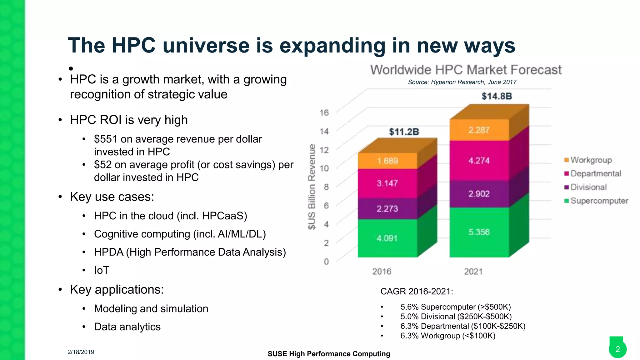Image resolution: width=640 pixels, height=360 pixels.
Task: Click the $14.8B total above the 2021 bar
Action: (x=497, y=96)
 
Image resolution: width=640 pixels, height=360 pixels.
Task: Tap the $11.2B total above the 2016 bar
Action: (x=404, y=132)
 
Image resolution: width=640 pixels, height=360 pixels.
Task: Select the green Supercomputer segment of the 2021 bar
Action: (x=479, y=232)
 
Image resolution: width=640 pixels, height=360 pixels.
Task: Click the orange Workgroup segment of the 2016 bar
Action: (x=387, y=161)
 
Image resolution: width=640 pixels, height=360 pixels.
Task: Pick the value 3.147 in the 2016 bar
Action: (x=387, y=183)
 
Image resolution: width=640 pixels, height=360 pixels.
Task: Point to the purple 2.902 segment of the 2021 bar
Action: (x=479, y=194)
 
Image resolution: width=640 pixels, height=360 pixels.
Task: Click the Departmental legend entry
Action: (x=596, y=173)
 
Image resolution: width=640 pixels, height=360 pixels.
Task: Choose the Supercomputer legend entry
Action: (x=599, y=201)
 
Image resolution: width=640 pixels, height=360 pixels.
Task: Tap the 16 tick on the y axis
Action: (x=324, y=112)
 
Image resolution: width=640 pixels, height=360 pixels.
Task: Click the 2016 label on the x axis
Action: (x=382, y=271)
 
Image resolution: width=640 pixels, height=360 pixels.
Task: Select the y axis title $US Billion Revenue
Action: (x=312, y=187)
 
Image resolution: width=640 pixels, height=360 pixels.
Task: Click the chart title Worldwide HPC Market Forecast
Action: (x=466, y=70)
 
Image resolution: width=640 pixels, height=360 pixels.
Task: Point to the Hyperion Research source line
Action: (x=462, y=82)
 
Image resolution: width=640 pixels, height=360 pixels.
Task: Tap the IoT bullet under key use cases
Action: (x=102, y=270)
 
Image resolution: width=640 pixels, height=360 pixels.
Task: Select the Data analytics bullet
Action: (x=127, y=327)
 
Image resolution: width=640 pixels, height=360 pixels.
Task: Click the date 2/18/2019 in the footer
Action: (x=81, y=352)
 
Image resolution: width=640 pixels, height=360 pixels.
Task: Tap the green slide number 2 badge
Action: (x=617, y=349)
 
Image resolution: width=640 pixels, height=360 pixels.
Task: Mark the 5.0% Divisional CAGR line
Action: (x=456, y=317)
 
